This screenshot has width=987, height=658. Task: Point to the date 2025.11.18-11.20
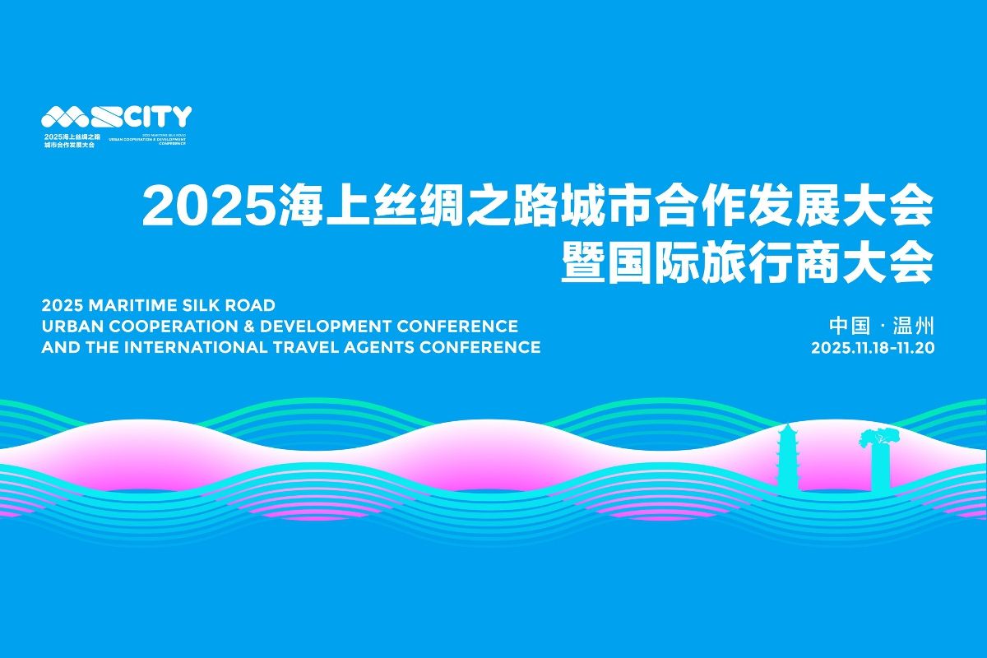coord(873,347)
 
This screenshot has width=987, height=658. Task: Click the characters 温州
coord(914,325)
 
